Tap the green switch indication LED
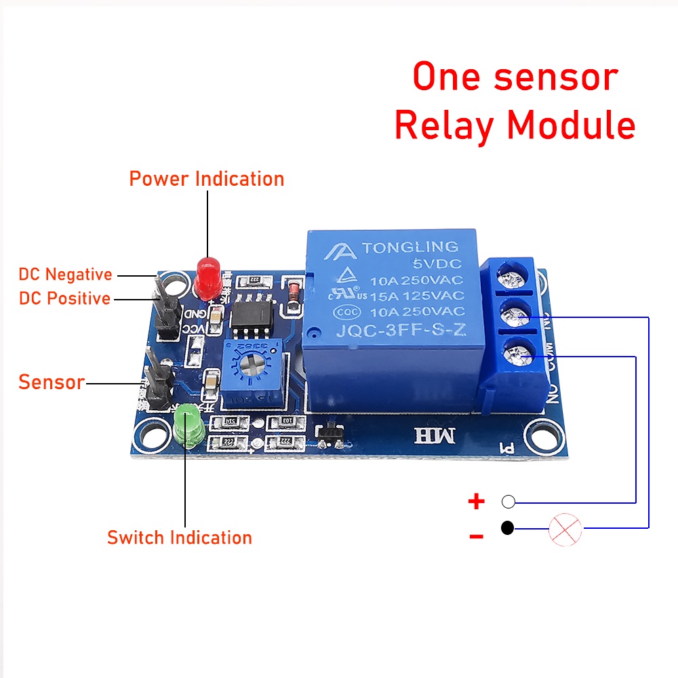(186, 424)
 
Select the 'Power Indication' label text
(207, 179)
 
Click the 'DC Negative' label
(65, 275)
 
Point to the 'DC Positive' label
(64, 298)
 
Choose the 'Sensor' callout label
(52, 382)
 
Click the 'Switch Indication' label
(180, 538)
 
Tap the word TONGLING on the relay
(410, 247)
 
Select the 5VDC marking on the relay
(439, 264)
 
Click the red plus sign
(477, 502)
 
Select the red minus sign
(477, 537)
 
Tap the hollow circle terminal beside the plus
(509, 502)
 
